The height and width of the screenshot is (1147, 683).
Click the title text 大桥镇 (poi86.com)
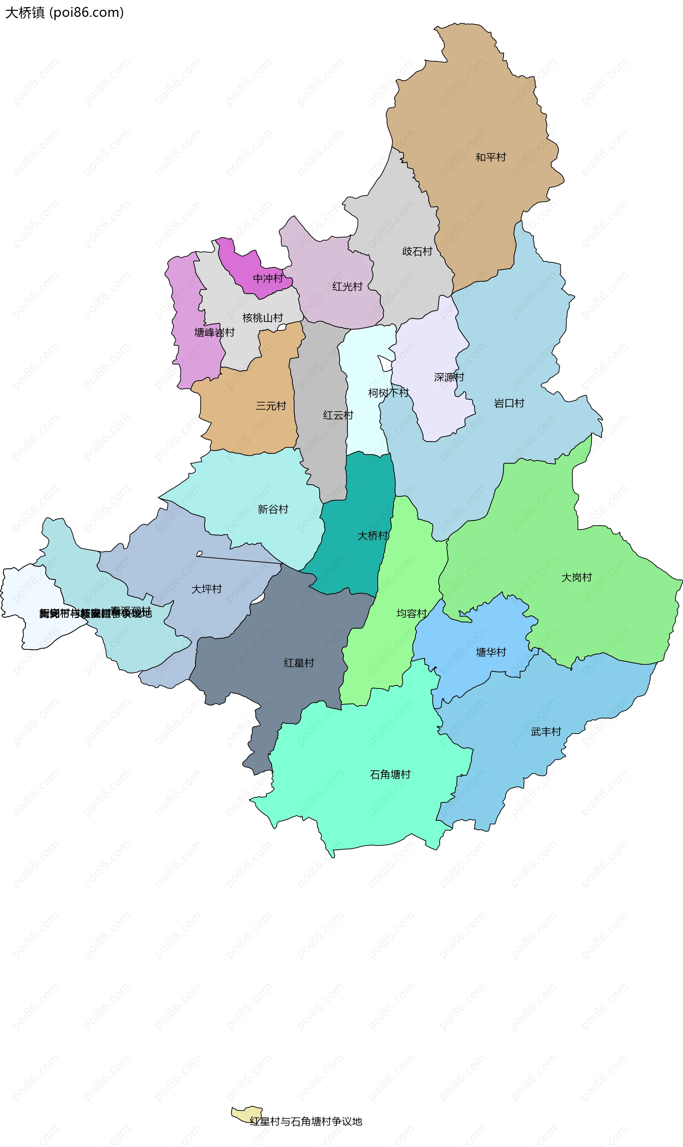64,12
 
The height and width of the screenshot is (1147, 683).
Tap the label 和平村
491,157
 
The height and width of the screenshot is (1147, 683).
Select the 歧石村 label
417,251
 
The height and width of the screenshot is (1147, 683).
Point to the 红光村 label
348,287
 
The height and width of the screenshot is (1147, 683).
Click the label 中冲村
268,278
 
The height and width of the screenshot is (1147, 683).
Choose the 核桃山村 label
262,318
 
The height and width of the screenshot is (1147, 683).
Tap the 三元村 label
271,406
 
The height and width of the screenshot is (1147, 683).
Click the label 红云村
338,415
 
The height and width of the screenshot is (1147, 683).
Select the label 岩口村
509,404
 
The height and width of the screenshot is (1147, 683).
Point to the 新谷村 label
273,509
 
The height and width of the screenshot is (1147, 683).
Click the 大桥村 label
373,536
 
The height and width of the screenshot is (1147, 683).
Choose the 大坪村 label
206,589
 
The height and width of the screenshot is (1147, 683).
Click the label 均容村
412,613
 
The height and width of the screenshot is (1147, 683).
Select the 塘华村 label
491,652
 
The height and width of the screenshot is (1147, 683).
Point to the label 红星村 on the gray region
299,663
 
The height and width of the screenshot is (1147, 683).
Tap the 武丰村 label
546,732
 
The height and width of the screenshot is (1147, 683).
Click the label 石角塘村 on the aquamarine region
390,774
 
